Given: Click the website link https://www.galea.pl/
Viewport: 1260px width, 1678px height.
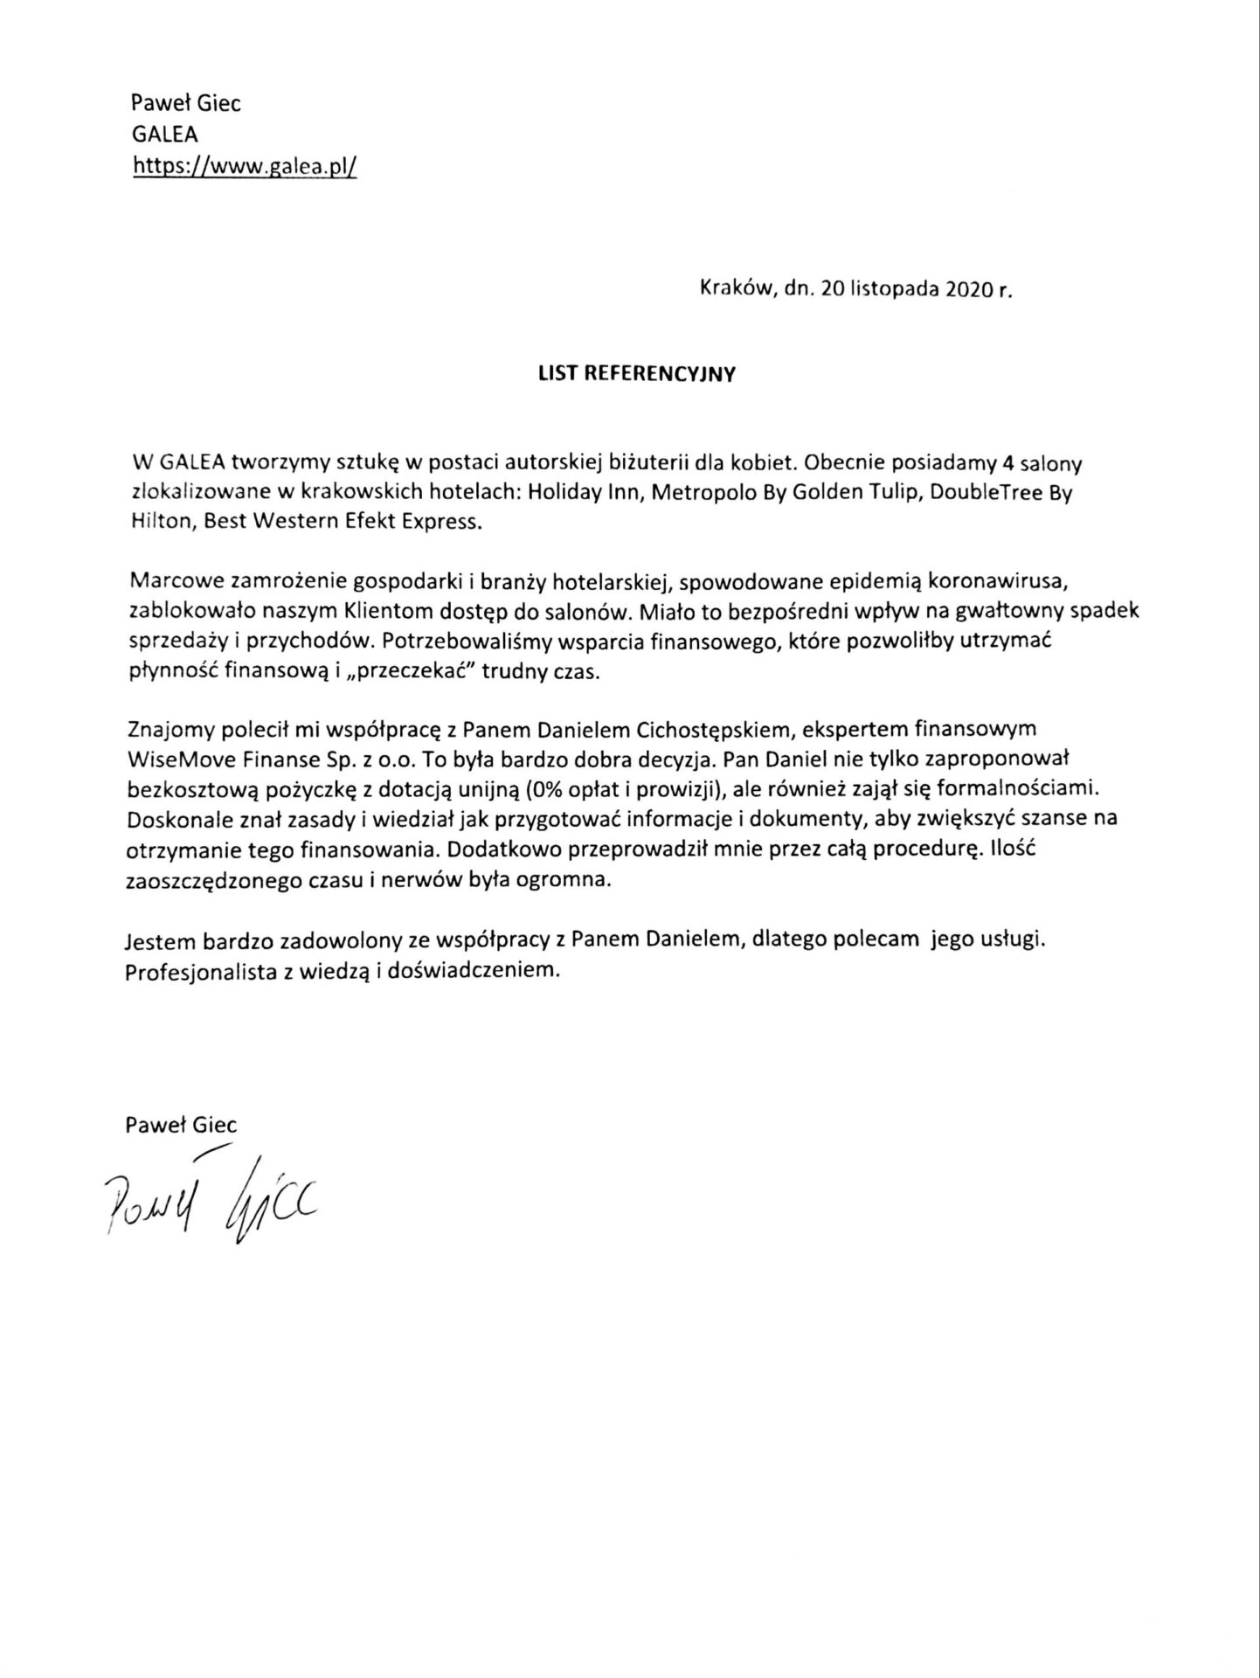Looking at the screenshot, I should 245,165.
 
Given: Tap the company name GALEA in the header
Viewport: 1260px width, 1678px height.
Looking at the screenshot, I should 164,135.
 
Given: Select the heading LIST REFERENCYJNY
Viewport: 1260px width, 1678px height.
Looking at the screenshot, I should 636,374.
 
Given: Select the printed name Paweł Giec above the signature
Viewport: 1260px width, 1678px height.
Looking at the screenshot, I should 182,1125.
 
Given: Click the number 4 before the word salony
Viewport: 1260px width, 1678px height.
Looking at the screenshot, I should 1009,462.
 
